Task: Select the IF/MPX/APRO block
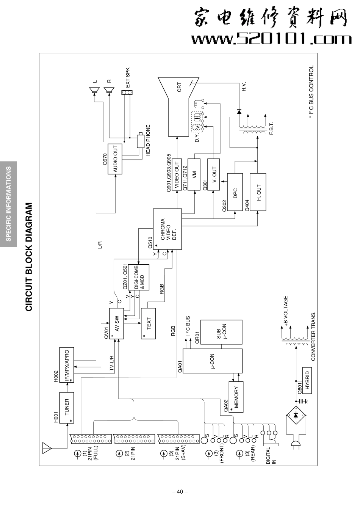click(67, 364)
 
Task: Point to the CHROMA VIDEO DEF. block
click(167, 229)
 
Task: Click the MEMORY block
click(236, 397)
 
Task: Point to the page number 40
click(180, 492)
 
